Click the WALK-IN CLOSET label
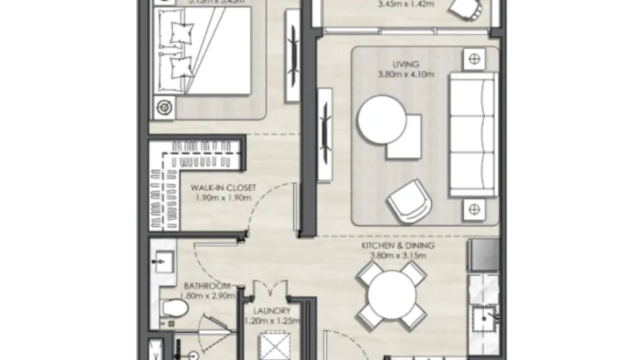click(x=215, y=189)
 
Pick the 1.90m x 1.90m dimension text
click(x=215, y=197)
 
